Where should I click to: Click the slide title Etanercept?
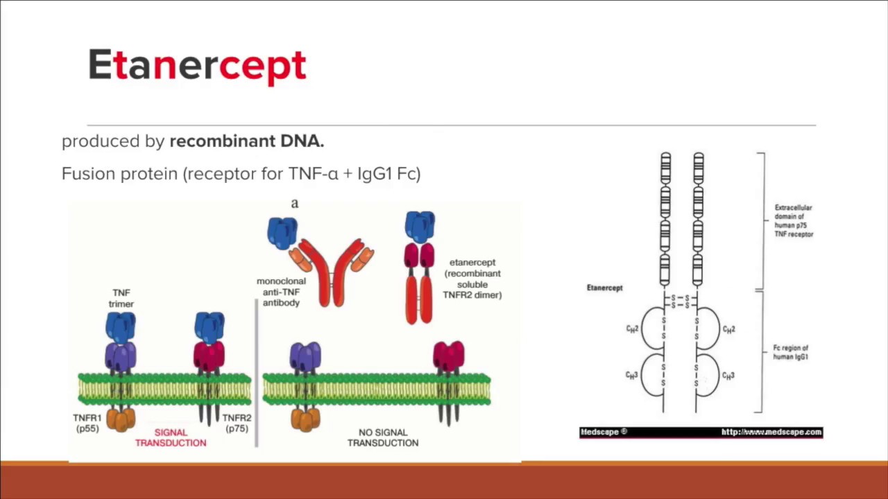tap(197, 66)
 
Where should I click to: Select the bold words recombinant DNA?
tap(246, 141)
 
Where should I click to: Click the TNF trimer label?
tap(121, 298)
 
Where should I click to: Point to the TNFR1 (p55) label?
tap(88, 423)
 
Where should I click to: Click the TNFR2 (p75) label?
tap(237, 423)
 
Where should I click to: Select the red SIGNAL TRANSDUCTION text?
tap(171, 437)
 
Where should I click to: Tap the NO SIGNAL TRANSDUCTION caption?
tap(383, 437)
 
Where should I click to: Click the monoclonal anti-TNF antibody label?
tap(281, 292)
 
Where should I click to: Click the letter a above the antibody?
tap(295, 203)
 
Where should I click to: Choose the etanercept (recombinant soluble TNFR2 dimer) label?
tap(472, 279)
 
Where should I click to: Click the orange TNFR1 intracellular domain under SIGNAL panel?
tap(121, 419)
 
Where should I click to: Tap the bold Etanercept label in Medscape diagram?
tap(604, 288)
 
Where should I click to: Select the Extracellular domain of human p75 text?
tap(794, 220)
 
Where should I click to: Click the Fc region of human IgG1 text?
tap(791, 352)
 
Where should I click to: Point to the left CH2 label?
tap(632, 329)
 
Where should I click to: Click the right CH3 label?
tap(728, 375)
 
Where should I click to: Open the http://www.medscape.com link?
tap(771, 432)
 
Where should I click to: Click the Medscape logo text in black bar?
tap(603, 432)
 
